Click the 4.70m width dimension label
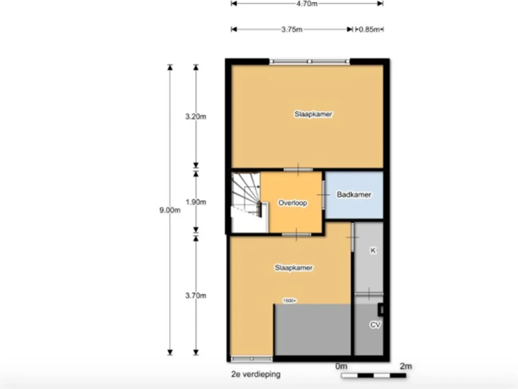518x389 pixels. point(307,4)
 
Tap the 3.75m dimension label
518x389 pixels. point(292,29)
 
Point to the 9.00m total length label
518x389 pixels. point(170,210)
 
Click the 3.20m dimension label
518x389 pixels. point(196,117)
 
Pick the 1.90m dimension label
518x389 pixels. point(196,202)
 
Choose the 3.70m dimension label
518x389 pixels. point(196,296)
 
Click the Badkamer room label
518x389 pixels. point(354,194)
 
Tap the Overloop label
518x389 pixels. point(293,203)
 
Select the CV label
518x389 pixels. point(375,325)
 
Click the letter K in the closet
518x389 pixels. point(373,251)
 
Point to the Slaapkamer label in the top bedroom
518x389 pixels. point(313,114)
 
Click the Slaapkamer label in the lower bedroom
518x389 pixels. point(294,268)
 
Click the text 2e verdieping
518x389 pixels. point(256,374)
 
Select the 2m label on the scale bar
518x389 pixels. point(406,366)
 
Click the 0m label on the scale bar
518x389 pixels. point(341,366)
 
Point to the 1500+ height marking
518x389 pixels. point(289,301)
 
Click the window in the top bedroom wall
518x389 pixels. point(309,62)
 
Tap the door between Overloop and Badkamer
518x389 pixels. point(323,194)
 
